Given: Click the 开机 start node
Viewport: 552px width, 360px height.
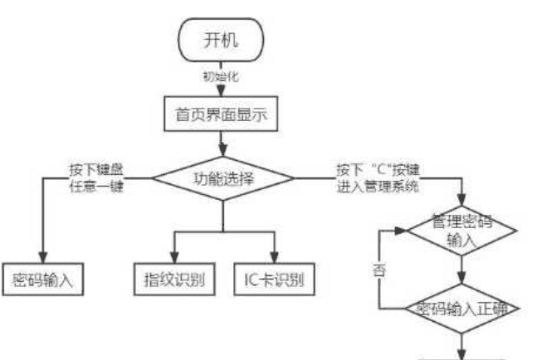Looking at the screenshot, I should coord(222,38).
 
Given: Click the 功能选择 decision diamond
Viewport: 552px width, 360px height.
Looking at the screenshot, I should coord(222,178).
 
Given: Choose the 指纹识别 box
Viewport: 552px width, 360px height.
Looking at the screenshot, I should coord(174,277).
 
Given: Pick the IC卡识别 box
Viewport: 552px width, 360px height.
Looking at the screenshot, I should coord(274,277).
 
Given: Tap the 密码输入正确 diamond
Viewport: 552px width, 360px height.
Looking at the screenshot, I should coord(462,309).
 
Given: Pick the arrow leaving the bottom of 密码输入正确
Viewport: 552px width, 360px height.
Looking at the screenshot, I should coord(462,343).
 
